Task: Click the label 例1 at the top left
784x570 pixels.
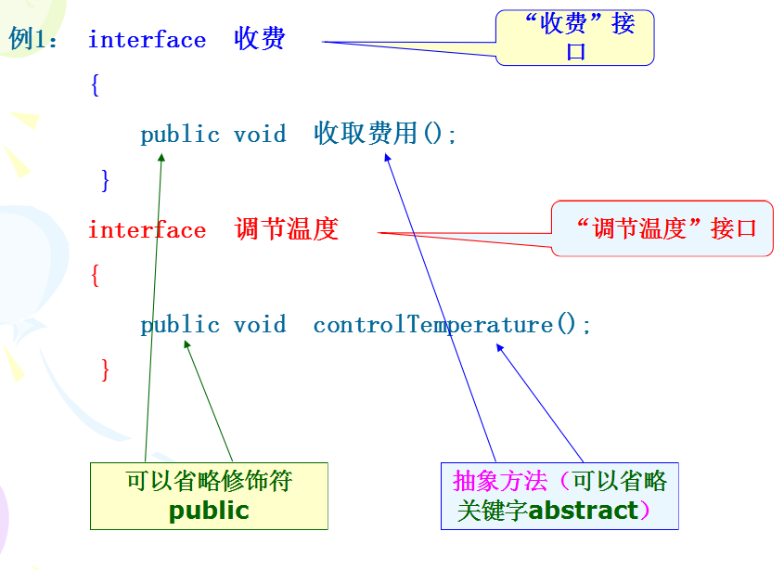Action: click(x=32, y=40)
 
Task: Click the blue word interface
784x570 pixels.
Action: click(x=147, y=40)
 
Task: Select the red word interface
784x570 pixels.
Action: click(x=147, y=230)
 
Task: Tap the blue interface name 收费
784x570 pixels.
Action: click(x=260, y=39)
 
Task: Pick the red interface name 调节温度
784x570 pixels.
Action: click(x=287, y=229)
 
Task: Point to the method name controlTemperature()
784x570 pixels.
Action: click(x=451, y=325)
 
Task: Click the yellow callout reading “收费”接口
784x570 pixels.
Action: click(x=575, y=37)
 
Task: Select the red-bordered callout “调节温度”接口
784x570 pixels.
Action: click(x=662, y=228)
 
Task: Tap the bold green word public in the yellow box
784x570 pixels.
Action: click(x=209, y=511)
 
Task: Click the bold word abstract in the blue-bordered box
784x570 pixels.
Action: click(x=583, y=511)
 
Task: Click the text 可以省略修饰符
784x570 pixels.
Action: click(x=209, y=481)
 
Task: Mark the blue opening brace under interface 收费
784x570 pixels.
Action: click(x=95, y=86)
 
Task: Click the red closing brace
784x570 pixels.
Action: click(x=105, y=370)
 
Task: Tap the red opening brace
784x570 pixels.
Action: click(x=95, y=277)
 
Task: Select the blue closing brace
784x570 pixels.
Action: click(x=105, y=180)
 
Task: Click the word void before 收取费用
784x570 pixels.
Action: click(x=260, y=135)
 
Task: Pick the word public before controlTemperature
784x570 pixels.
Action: click(x=180, y=325)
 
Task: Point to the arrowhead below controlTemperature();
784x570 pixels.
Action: click(x=500, y=349)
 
